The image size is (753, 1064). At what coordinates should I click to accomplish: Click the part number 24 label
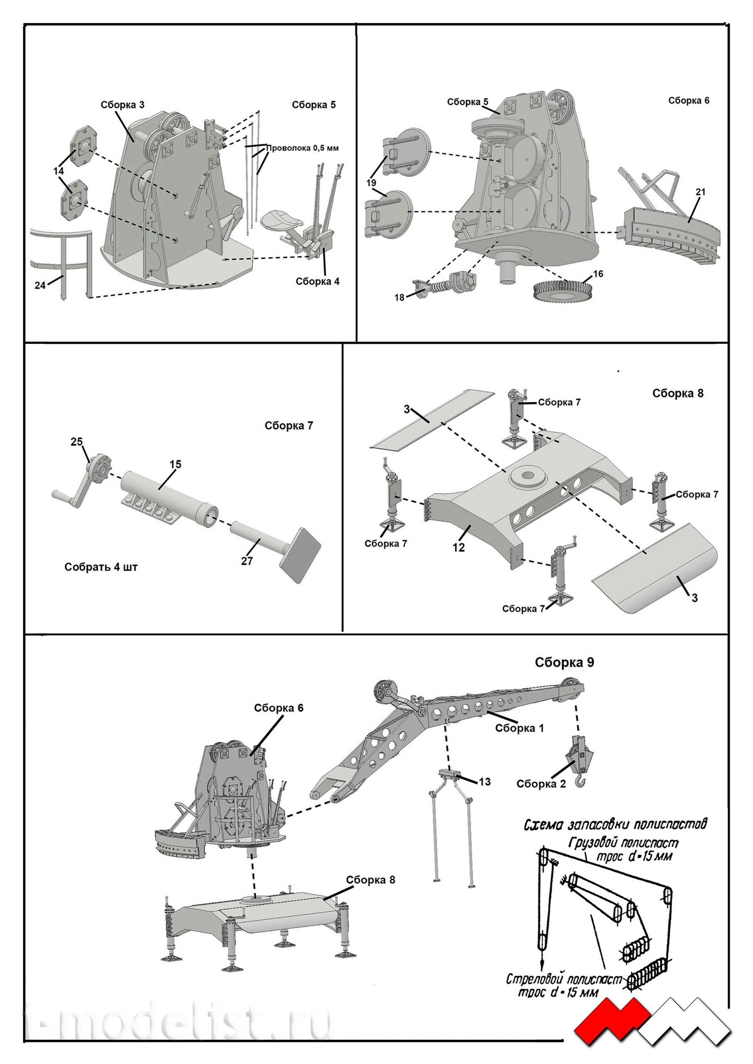tap(40, 285)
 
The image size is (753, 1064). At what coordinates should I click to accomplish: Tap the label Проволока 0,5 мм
tap(302, 148)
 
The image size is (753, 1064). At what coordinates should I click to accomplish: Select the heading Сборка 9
tap(564, 662)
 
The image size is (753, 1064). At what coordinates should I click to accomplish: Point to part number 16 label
tap(598, 274)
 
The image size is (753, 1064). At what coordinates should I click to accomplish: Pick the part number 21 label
tap(701, 191)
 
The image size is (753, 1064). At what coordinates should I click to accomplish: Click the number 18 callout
tap(399, 298)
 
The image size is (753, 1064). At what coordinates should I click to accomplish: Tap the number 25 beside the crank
tap(77, 442)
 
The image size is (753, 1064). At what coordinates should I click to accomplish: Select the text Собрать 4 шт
tap(101, 567)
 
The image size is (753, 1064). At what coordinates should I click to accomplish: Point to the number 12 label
tap(459, 547)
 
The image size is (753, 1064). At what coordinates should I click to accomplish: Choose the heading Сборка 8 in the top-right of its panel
tap(677, 393)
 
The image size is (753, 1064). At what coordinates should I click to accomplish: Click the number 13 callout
tap(484, 782)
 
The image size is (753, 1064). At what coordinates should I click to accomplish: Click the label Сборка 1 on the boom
tap(519, 728)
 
